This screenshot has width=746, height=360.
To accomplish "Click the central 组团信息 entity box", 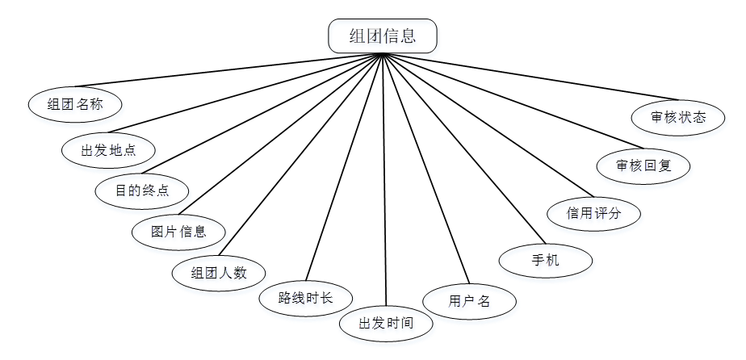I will [383, 36].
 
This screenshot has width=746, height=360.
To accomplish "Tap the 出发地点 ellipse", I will [108, 149].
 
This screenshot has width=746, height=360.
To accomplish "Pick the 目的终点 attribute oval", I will [141, 191].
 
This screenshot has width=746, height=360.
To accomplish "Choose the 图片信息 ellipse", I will [178, 232].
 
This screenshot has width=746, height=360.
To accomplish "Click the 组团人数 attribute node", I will [219, 272].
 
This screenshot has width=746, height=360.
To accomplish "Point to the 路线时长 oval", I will [305, 298].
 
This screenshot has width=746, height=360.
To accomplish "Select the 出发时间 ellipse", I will [386, 324].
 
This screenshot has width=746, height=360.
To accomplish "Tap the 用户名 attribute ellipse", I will [469, 301].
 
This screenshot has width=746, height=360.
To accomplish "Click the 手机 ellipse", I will [546, 261].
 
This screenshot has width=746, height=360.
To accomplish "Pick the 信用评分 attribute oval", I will [593, 214].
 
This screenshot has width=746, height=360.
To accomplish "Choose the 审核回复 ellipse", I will [643, 166].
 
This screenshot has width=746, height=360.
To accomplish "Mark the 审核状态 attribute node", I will [678, 118].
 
